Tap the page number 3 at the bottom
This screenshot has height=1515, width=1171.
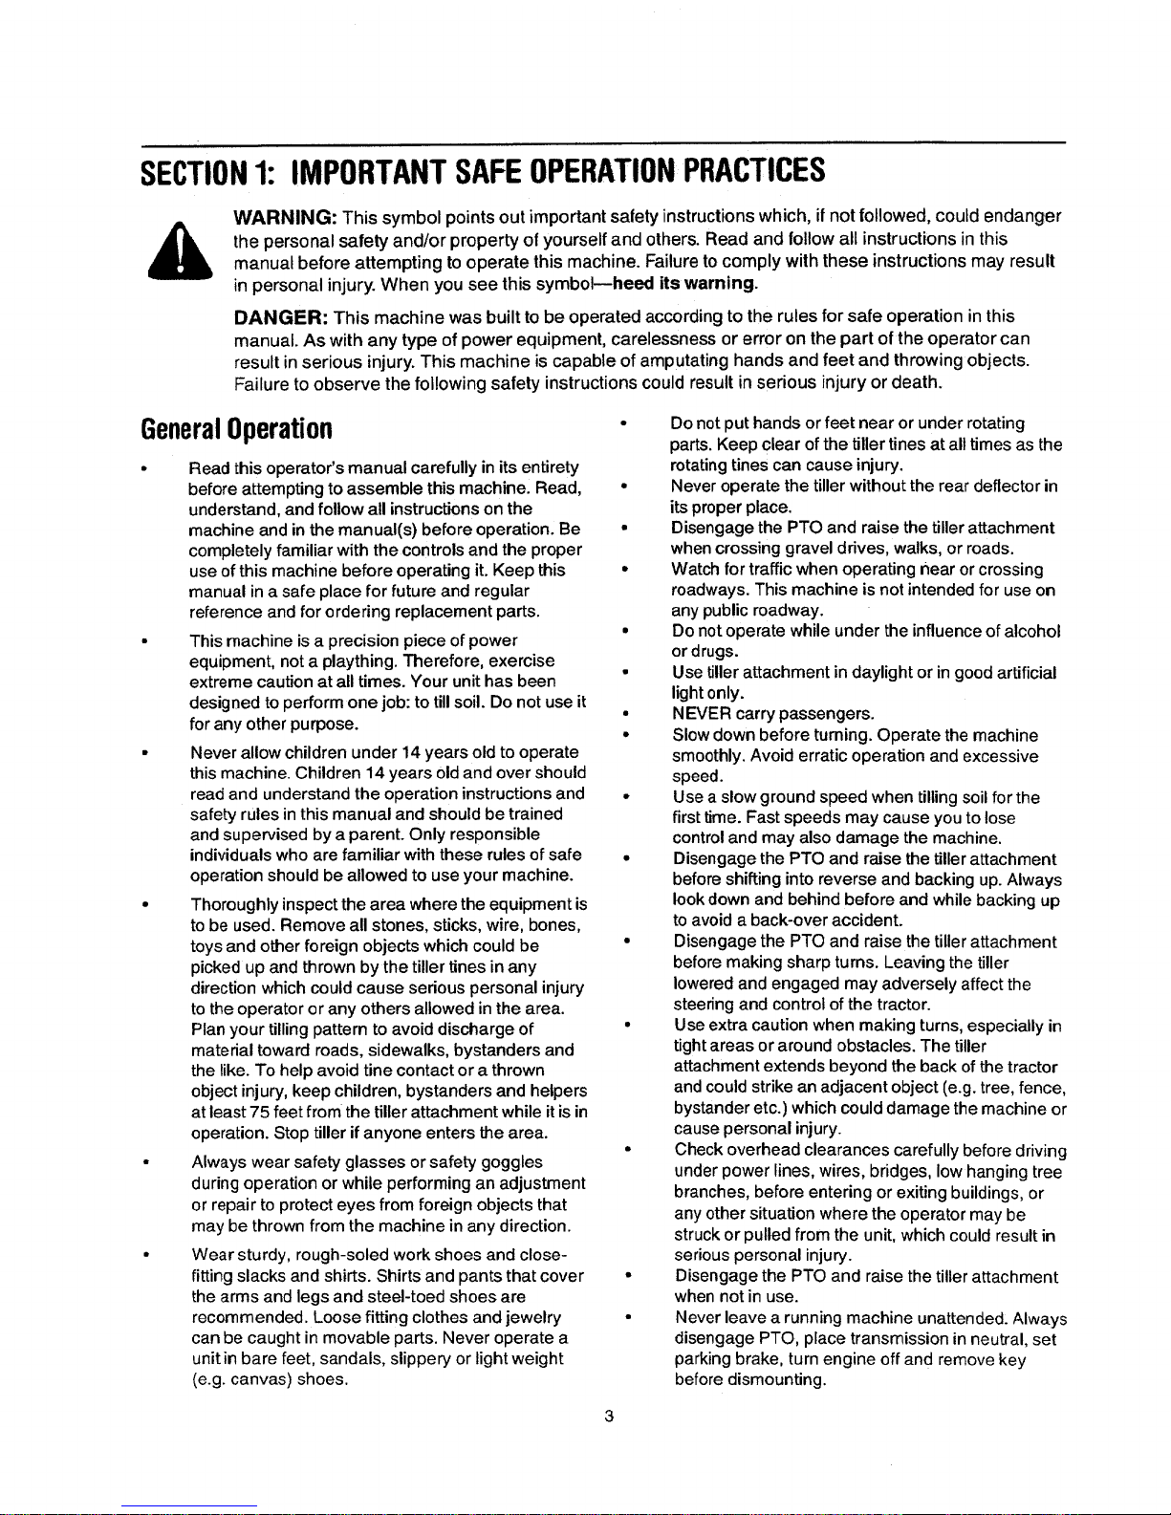coord(608,1417)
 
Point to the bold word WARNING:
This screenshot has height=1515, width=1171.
coord(285,217)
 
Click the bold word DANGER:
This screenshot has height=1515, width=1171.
coord(281,316)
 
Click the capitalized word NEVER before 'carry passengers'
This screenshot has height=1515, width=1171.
coord(702,714)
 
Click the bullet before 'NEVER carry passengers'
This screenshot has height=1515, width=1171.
coord(623,714)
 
